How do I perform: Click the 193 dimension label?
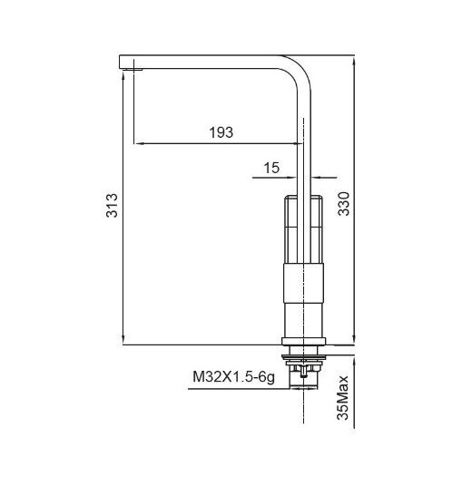pos(220,132)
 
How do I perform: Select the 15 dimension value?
pos(270,168)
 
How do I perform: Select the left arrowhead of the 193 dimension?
pos(137,143)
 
